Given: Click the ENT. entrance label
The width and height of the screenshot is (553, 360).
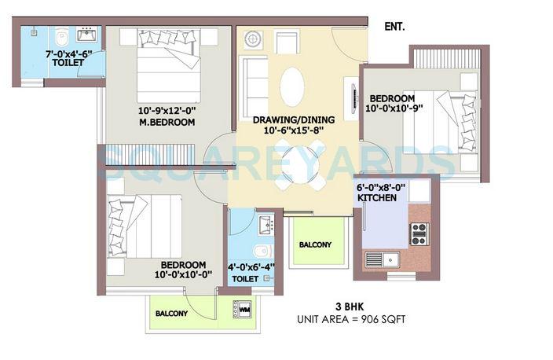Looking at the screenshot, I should [394, 27].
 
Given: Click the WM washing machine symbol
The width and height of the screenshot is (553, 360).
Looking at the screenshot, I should [244, 309].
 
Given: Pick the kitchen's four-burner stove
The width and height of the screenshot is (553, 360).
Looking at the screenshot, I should [419, 233].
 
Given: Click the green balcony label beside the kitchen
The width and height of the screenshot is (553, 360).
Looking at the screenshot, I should [314, 244].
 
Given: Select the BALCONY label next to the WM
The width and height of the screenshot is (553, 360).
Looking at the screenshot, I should [171, 313].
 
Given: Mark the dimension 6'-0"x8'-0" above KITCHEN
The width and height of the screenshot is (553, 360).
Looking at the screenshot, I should [383, 189].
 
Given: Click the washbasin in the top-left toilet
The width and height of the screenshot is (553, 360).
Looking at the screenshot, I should [86, 35].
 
